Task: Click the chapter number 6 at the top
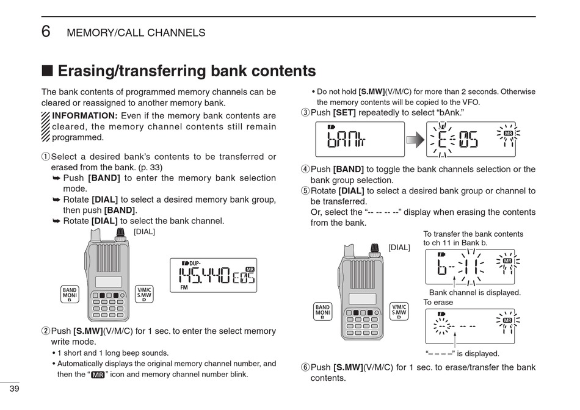(46, 31)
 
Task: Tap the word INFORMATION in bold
(85, 116)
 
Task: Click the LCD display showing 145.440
(214, 275)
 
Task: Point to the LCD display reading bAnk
(360, 139)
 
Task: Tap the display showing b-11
(469, 267)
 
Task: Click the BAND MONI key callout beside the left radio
(70, 294)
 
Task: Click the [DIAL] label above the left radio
(144, 231)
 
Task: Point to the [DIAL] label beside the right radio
(399, 247)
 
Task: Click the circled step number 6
(305, 367)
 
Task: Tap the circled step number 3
(305, 113)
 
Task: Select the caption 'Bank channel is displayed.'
(474, 293)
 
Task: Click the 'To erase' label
(438, 303)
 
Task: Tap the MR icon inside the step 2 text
(97, 375)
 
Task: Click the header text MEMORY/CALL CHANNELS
(136, 33)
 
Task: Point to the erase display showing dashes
(469, 326)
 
